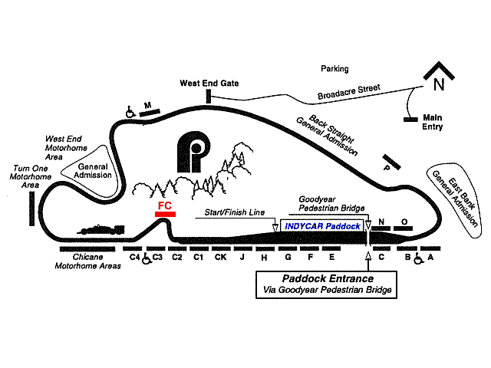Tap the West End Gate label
pyautogui.click(x=209, y=83)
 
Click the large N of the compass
pyautogui.click(x=439, y=81)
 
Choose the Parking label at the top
pyautogui.click(x=334, y=69)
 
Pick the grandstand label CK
pyautogui.click(x=220, y=258)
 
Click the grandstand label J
pyautogui.click(x=242, y=258)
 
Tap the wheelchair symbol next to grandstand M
pyautogui.click(x=131, y=113)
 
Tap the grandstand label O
pyautogui.click(x=404, y=222)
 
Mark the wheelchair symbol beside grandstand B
pyautogui.click(x=419, y=259)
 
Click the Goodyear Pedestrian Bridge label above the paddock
pyautogui.click(x=332, y=203)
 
